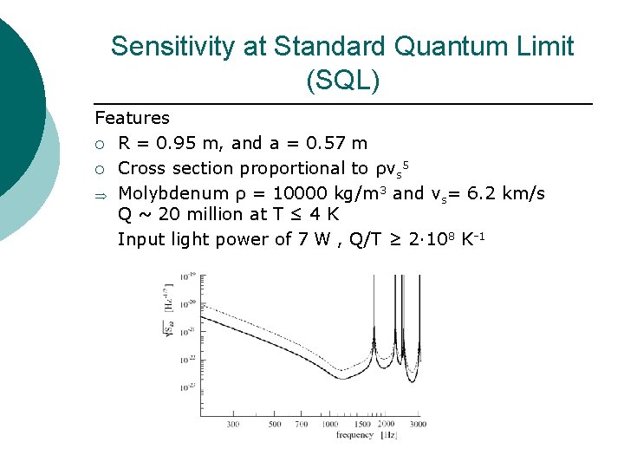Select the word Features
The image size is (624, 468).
point(132,118)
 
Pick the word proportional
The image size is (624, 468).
point(294,167)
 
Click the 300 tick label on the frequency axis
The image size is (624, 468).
point(233,425)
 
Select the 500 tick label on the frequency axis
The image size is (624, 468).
point(274,425)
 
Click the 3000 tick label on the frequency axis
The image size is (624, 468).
point(418,425)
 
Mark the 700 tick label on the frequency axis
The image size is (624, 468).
point(300,425)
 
